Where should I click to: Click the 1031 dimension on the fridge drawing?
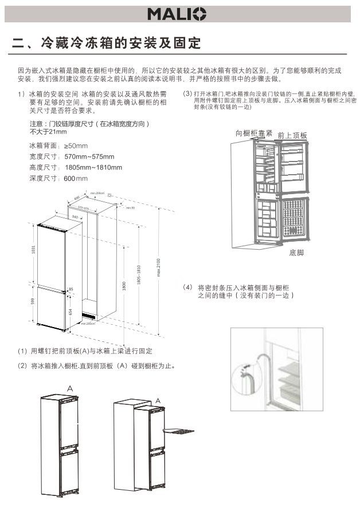click(x=33, y=250)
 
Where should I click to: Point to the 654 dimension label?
click(x=71, y=312)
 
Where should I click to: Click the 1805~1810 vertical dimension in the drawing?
click(x=138, y=275)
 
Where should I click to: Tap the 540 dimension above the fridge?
click(x=75, y=217)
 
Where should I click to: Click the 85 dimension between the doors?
click(x=71, y=289)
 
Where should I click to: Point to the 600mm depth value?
click(x=75, y=179)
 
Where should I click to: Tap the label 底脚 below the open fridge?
click(x=296, y=253)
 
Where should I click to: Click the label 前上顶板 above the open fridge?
click(x=292, y=136)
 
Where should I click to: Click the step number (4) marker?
click(x=187, y=286)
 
